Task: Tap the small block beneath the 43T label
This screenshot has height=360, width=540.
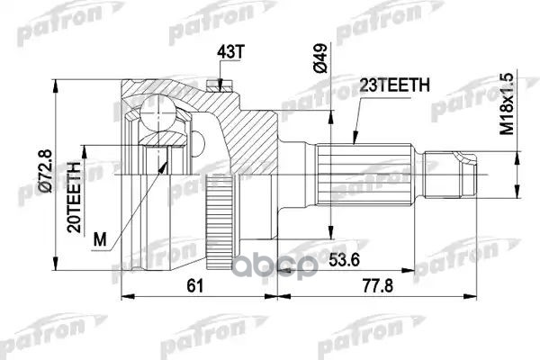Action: pyautogui.click(x=214, y=86)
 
